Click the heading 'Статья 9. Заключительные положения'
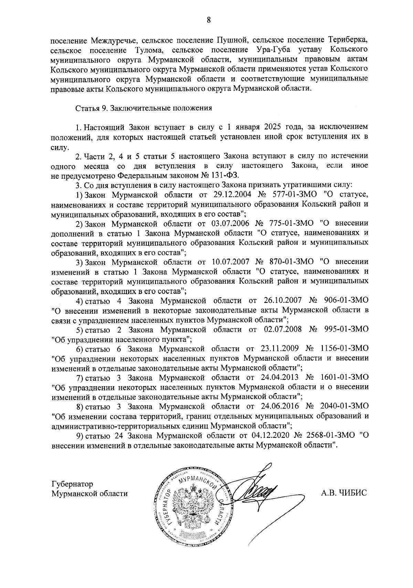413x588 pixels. pos(144,108)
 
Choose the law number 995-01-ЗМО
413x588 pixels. pos(347,329)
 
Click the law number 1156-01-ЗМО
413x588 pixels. pos(343,348)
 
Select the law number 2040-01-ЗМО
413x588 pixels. pos(343,406)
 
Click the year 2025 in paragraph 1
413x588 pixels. pos(273,127)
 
